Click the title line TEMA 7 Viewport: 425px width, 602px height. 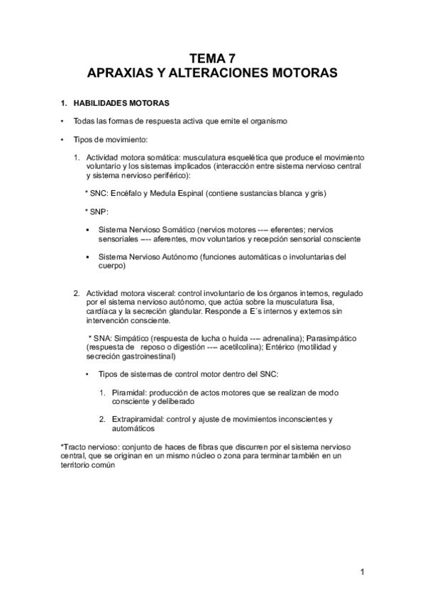pos(212,59)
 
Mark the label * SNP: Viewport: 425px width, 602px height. pos(96,212)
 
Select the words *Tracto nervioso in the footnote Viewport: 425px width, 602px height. pos(89,447)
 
